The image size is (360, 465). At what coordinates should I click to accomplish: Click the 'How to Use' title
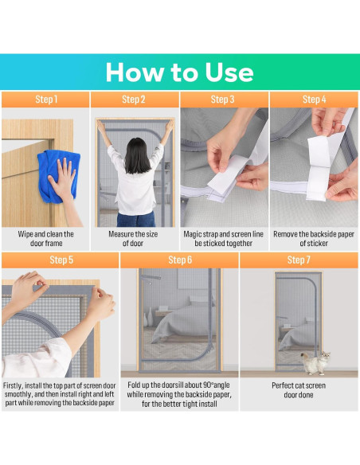[x=179, y=72]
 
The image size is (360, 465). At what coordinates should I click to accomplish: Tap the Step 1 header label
[x=46, y=100]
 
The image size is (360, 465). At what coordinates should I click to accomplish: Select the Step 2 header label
[x=134, y=100]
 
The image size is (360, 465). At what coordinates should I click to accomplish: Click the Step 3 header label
[x=222, y=100]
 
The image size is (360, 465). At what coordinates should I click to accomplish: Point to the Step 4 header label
[x=314, y=100]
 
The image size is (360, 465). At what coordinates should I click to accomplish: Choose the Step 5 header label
[x=61, y=260]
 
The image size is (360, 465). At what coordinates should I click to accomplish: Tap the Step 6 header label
[x=180, y=260]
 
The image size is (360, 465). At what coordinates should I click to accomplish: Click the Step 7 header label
[x=299, y=260]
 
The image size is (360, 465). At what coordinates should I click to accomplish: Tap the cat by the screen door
[x=315, y=362]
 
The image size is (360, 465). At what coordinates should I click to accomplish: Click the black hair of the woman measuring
[x=138, y=155]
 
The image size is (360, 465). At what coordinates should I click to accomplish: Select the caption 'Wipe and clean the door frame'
[x=46, y=238]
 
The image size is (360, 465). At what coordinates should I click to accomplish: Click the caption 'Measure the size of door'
[x=133, y=238]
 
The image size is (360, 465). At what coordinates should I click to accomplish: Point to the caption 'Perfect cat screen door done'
[x=299, y=390]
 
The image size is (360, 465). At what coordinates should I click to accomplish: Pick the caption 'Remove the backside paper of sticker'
[x=314, y=238]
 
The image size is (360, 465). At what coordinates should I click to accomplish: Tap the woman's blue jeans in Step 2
[x=136, y=220]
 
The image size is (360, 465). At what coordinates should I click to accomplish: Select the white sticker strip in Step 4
[x=319, y=168]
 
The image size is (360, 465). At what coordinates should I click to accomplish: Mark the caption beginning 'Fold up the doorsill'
[x=179, y=394]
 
